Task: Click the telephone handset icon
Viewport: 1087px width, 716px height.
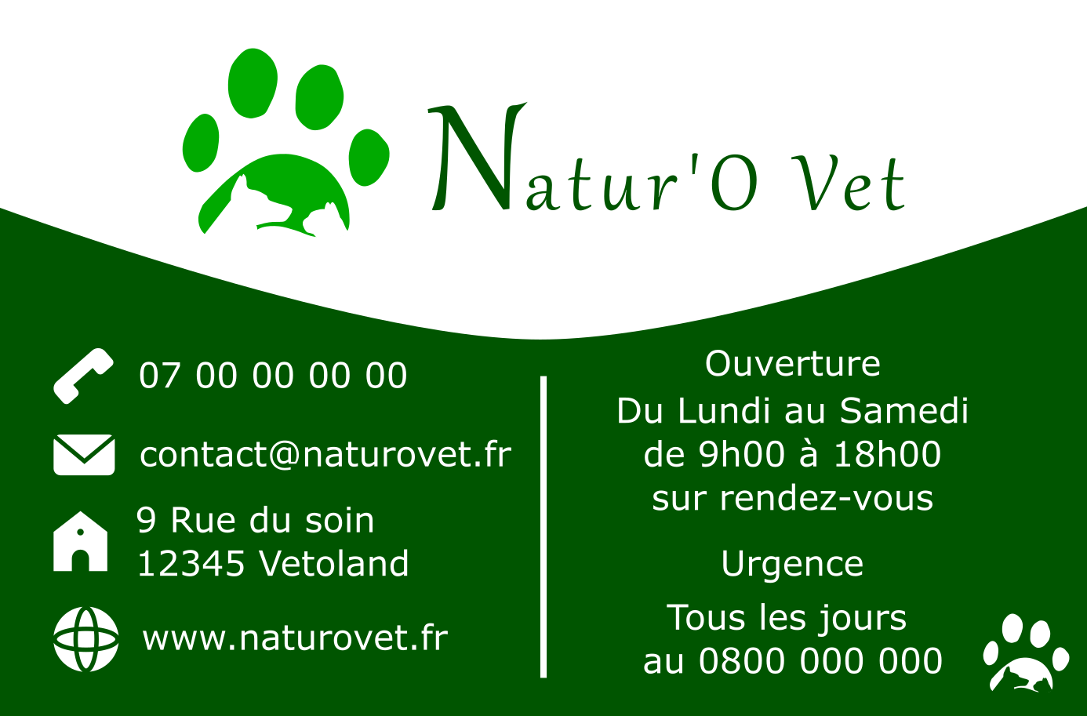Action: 83,376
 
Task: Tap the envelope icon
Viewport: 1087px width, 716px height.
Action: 84,455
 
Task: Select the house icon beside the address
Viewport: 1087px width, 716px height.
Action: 80,541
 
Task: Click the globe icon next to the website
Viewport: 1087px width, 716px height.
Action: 86,639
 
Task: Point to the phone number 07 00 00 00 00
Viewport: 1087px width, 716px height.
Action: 273,376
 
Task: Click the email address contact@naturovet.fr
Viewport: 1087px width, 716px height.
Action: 325,455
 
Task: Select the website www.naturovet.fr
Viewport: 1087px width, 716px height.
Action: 295,638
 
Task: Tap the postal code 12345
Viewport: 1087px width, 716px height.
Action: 191,564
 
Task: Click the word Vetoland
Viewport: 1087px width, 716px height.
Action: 334,563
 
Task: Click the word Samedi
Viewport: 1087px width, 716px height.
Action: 904,410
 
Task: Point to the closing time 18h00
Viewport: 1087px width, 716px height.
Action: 888,454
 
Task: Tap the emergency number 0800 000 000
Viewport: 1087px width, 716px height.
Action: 820,660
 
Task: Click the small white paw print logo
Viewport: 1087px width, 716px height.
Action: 1026,652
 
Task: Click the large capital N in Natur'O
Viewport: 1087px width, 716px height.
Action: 477,158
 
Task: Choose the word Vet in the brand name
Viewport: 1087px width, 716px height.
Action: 849,184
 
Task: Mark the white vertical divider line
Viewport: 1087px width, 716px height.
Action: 543,526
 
